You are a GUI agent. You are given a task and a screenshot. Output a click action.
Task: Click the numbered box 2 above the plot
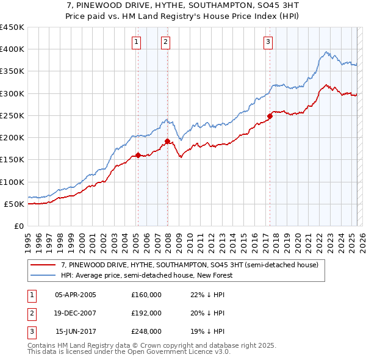(165, 42)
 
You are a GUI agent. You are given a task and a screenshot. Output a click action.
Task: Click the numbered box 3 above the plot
(268, 42)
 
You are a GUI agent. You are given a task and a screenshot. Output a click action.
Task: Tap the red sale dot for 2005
(138, 155)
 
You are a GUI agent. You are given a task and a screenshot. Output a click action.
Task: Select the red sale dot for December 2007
(167, 141)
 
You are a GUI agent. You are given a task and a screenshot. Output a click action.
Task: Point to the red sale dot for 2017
(270, 116)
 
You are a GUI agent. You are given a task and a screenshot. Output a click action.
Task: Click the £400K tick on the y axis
(12, 49)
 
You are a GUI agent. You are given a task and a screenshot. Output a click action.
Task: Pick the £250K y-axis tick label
(12, 115)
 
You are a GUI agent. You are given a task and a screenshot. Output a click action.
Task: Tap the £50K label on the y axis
(15, 204)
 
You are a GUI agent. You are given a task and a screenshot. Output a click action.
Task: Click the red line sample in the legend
(43, 265)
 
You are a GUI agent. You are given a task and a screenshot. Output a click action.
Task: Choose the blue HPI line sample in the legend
(43, 276)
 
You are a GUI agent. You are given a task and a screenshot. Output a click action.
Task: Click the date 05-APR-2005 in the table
(76, 295)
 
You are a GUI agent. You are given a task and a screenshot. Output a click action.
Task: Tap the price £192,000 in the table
(146, 313)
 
